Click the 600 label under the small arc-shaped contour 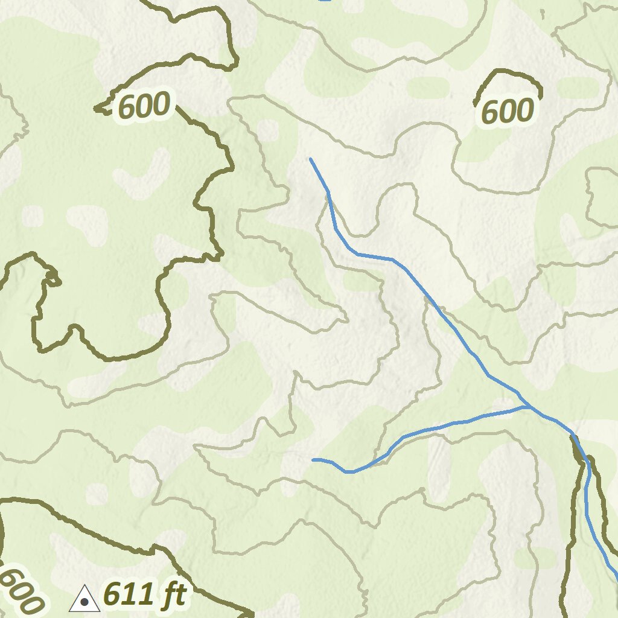(508, 112)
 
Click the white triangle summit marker (84, 599)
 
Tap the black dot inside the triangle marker (84, 602)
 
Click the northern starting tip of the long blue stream (310, 159)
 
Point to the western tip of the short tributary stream (313, 460)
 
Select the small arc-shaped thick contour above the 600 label (507, 73)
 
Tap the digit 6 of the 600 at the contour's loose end (127, 106)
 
